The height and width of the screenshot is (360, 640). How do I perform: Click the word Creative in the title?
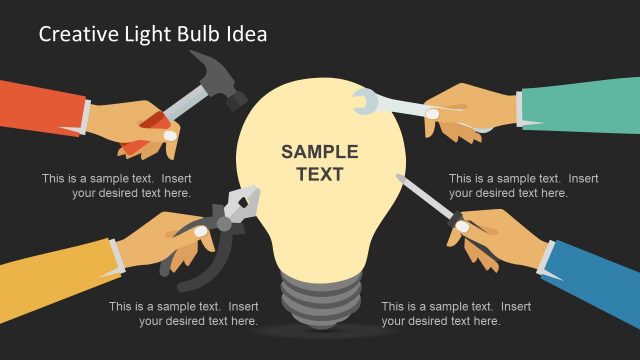click(x=73, y=35)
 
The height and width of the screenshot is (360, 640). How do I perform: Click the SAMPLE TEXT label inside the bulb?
click(x=319, y=163)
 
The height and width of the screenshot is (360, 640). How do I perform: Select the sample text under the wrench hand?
click(x=523, y=186)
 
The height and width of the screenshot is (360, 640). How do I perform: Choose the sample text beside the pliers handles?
click(x=183, y=314)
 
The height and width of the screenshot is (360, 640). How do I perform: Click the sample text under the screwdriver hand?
click(x=456, y=314)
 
